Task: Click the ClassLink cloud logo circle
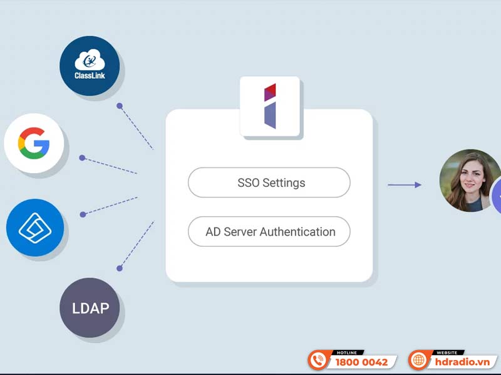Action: pyautogui.click(x=90, y=66)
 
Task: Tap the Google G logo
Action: pyautogui.click(x=35, y=143)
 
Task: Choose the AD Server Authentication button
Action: pyautogui.click(x=269, y=232)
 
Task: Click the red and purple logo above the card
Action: pyautogui.click(x=270, y=106)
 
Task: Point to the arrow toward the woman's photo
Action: pyautogui.click(x=404, y=184)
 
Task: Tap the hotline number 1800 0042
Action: pyautogui.click(x=362, y=362)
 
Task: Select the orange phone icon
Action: pyautogui.click(x=319, y=361)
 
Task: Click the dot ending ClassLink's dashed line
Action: pyautogui.click(x=119, y=106)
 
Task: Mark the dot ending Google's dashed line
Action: pyautogui.click(x=82, y=157)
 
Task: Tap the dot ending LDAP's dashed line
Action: pyautogui.click(x=119, y=268)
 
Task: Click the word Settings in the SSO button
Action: pyautogui.click(x=284, y=183)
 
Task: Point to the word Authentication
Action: pyautogui.click(x=297, y=232)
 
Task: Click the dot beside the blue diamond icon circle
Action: pyautogui.click(x=82, y=214)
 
